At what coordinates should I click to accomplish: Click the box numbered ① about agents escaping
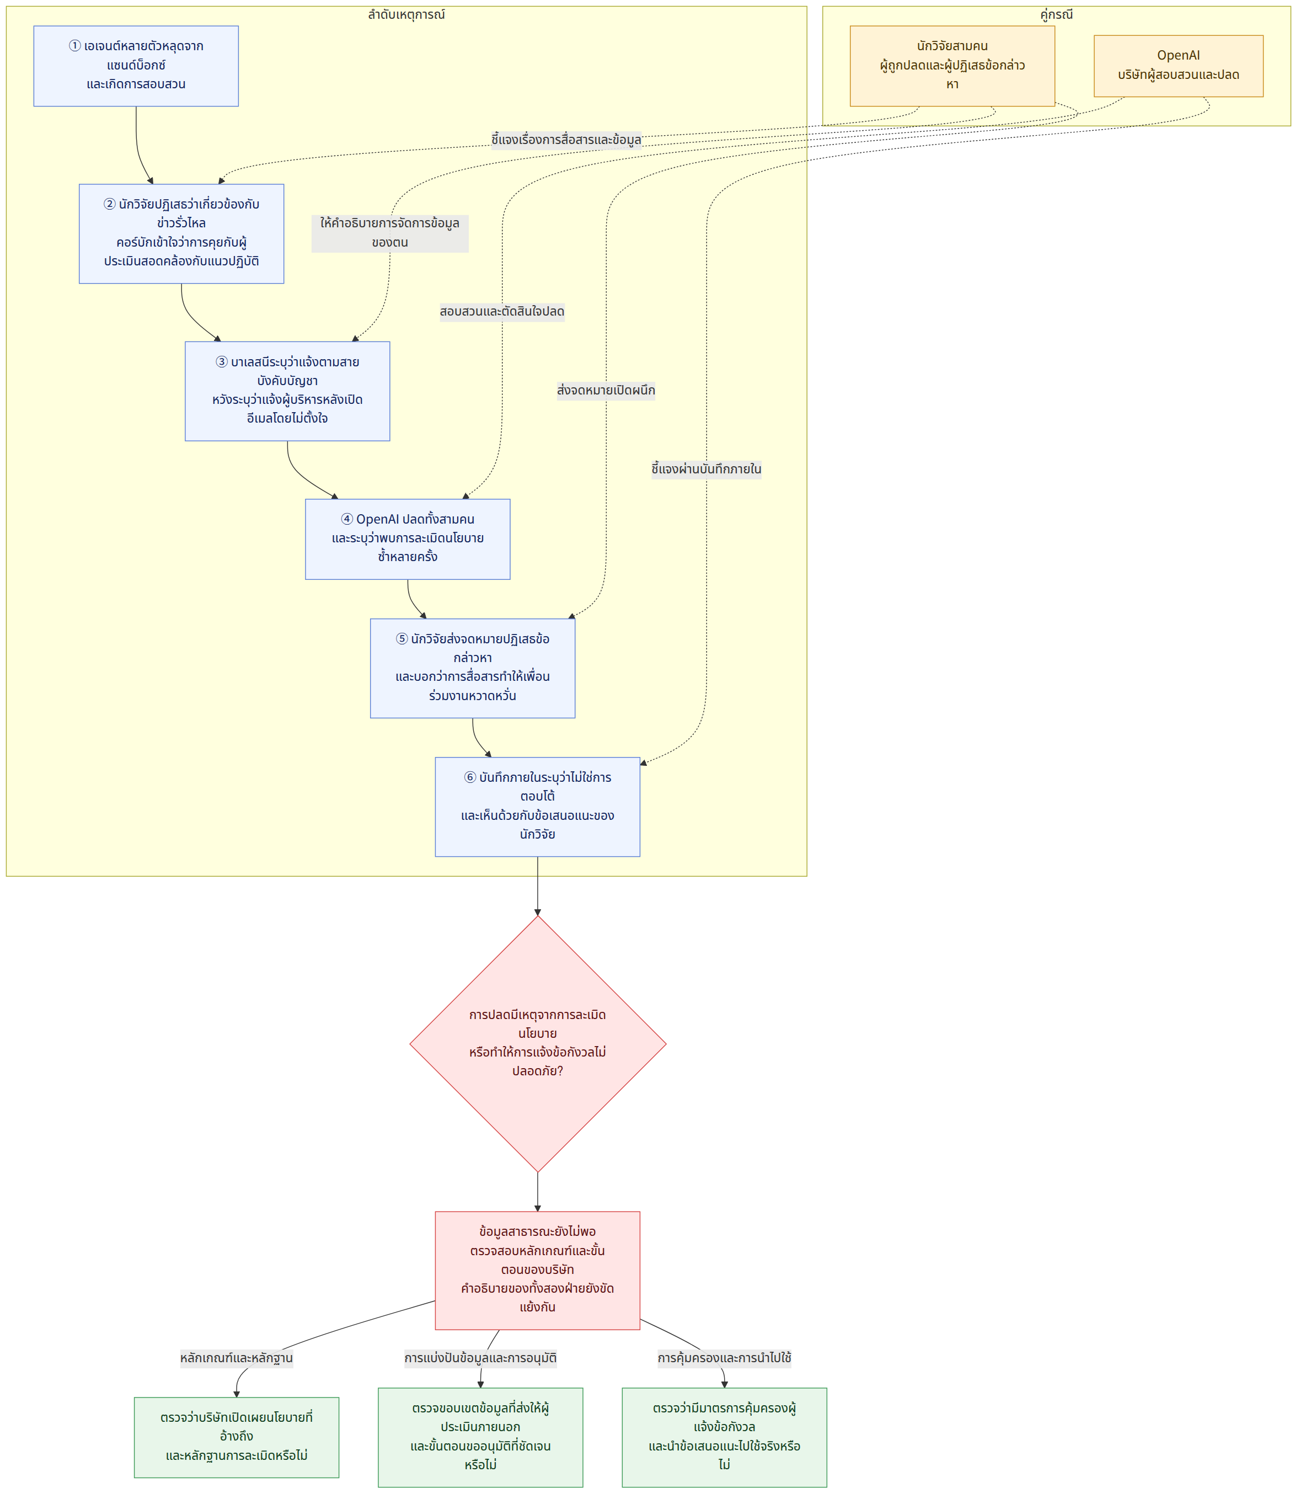point(136,66)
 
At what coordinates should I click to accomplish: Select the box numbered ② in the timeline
point(181,233)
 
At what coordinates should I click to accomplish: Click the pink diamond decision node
point(538,1043)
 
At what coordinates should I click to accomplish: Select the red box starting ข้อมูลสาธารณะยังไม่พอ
point(538,1270)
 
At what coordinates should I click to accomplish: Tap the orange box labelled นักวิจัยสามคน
point(952,66)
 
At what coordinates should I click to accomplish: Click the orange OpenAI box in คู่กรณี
point(1179,66)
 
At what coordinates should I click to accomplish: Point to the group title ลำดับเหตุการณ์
point(406,14)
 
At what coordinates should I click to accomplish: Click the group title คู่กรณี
point(1057,14)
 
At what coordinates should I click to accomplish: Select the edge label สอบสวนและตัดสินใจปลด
point(502,312)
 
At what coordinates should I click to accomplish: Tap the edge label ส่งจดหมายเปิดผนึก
point(606,391)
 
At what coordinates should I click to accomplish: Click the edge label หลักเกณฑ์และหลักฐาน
point(237,1358)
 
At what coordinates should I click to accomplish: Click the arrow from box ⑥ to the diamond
point(538,886)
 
